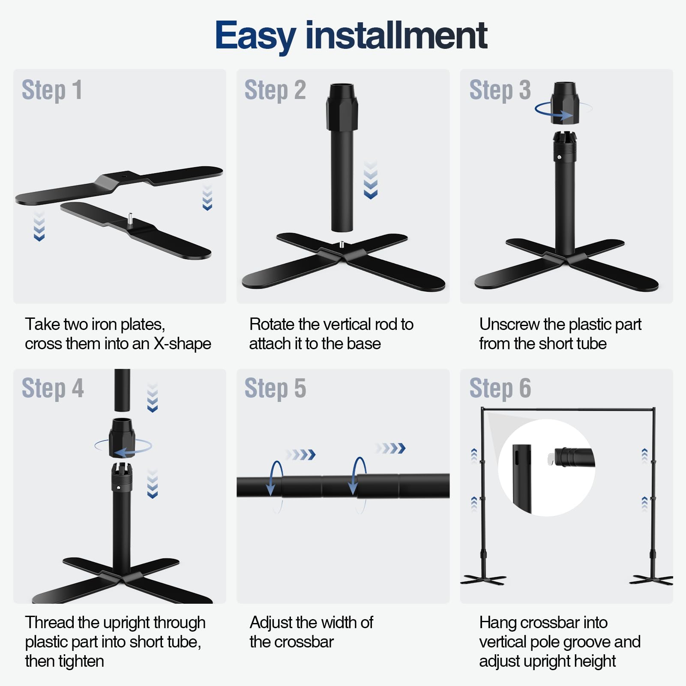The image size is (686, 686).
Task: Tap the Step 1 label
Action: [x=52, y=90]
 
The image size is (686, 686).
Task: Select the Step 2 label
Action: [x=275, y=90]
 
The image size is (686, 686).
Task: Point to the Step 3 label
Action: [x=500, y=90]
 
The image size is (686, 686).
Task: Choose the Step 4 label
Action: [x=53, y=389]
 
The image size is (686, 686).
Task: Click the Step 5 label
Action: [x=275, y=389]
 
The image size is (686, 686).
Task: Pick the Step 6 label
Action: [x=500, y=389]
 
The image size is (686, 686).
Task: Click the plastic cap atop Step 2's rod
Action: [x=342, y=107]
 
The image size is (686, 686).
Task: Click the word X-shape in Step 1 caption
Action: [x=183, y=344]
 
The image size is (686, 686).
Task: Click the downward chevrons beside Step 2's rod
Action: [x=371, y=180]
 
